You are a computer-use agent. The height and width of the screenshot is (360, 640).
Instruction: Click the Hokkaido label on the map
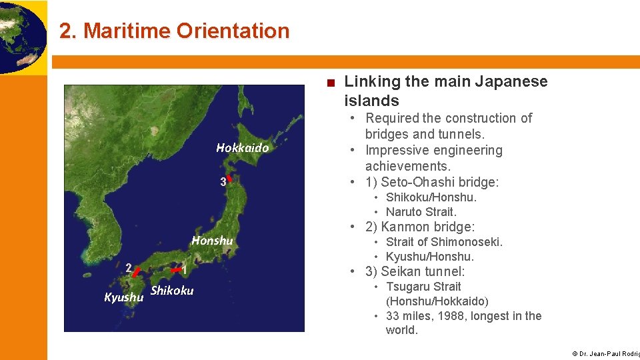point(242,148)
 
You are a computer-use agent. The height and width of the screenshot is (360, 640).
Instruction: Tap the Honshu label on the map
point(212,240)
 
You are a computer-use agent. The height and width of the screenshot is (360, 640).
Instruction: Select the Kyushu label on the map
point(124,297)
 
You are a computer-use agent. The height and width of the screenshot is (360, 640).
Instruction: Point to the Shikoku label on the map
point(172,290)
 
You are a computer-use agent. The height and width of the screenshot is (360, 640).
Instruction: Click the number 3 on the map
point(223,182)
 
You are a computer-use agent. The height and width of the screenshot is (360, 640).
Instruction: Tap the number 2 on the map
point(128,267)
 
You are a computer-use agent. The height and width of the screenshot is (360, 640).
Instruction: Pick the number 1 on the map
point(183,270)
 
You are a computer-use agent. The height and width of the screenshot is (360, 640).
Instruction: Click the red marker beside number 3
point(229,179)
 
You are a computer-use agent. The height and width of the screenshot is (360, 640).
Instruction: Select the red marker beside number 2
point(136,272)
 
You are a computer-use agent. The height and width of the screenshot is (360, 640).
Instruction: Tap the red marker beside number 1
point(175,270)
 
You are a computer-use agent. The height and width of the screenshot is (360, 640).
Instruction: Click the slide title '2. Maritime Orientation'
point(174,31)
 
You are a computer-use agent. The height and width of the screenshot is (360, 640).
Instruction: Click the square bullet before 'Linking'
point(331,83)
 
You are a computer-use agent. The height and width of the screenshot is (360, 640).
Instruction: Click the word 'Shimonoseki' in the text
point(467,241)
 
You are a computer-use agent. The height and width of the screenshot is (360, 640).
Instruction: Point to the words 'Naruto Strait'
point(421,212)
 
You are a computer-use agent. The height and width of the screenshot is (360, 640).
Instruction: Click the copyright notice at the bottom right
point(605,353)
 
